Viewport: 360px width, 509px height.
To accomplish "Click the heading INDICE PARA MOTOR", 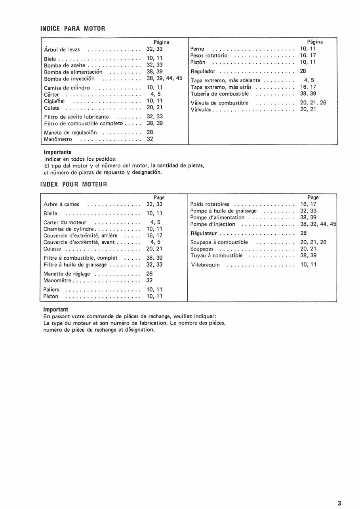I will pos(72,28).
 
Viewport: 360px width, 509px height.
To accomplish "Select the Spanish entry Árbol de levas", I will pos(61,49).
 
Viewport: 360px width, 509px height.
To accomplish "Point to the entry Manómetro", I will pos(58,139).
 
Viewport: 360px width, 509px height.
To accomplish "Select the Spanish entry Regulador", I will pos(203,72).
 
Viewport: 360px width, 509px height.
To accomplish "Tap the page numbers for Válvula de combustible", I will pos(313,103).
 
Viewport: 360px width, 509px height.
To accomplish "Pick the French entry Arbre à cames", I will pos(61,205).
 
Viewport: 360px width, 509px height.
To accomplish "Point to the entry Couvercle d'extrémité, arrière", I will pos(80,236).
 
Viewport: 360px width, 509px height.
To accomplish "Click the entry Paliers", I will pos(51,290).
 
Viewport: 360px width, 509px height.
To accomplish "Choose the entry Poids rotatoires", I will pos(210,205).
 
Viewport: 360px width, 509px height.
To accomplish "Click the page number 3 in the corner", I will pos(339,503).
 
